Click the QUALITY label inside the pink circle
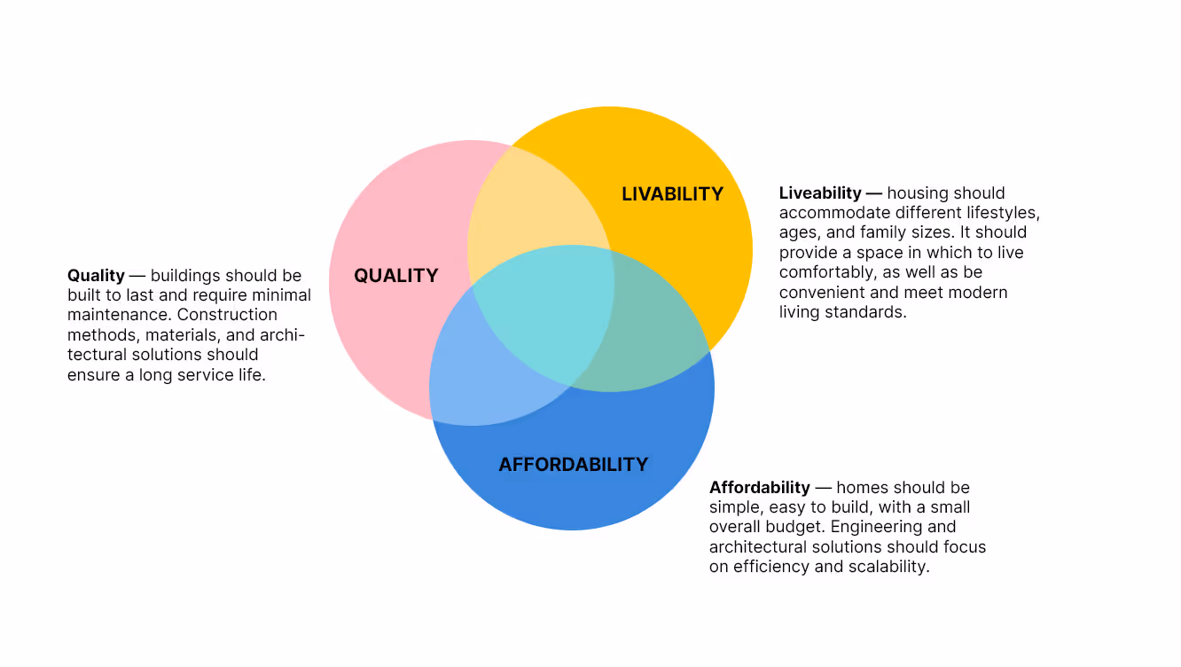396,276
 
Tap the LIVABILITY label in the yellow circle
672,194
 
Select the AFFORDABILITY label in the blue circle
573,465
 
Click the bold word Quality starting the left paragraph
96,276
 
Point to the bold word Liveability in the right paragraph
820,193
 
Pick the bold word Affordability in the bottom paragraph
759,488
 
